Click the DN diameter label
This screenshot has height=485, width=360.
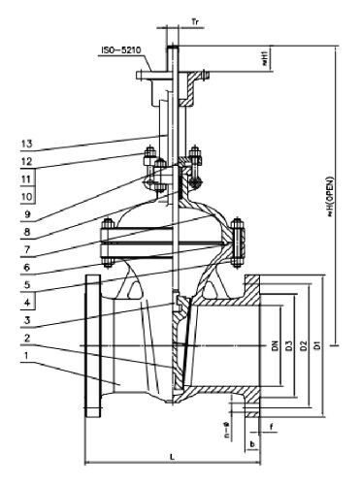click(x=275, y=345)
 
